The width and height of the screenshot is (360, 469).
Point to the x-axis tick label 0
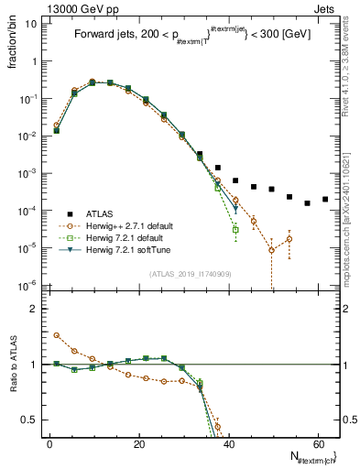pyautogui.click(x=49, y=443)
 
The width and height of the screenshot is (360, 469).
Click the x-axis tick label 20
pyautogui.click(x=139, y=443)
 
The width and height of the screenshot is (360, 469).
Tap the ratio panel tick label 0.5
pyautogui.click(x=30, y=420)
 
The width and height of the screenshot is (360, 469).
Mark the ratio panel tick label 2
pyautogui.click(x=36, y=309)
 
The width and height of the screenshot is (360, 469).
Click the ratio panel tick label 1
pyautogui.click(x=36, y=365)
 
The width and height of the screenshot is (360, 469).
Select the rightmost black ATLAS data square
pyautogui.click(x=325, y=199)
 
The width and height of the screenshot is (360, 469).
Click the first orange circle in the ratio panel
pyautogui.click(x=57, y=335)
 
